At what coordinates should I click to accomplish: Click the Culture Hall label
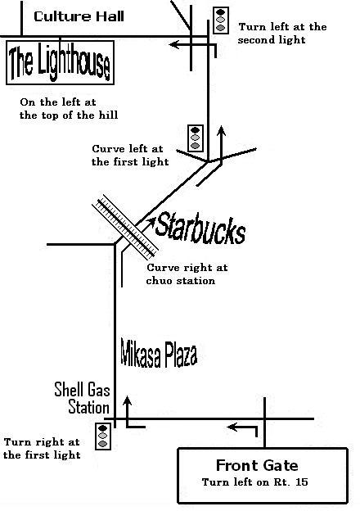(x=79, y=16)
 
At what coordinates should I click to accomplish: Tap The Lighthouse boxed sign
(x=61, y=62)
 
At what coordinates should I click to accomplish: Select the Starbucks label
(x=200, y=228)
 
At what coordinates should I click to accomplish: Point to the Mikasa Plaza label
(x=159, y=353)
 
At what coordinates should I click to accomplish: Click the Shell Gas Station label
(x=82, y=398)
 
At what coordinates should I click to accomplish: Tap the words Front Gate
(x=257, y=465)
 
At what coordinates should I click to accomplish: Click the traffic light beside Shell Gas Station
(x=103, y=436)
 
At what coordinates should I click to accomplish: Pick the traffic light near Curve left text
(x=196, y=138)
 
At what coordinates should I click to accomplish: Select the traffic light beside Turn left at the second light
(x=221, y=20)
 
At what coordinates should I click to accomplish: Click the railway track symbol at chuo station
(x=125, y=227)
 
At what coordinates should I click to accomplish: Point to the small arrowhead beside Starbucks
(x=151, y=222)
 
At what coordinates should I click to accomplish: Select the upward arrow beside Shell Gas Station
(x=128, y=412)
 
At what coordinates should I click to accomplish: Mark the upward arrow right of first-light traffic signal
(x=222, y=145)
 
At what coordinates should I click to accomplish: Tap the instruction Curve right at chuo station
(x=187, y=274)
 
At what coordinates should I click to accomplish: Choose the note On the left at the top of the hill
(x=69, y=109)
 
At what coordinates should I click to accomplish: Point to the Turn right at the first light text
(x=42, y=449)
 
